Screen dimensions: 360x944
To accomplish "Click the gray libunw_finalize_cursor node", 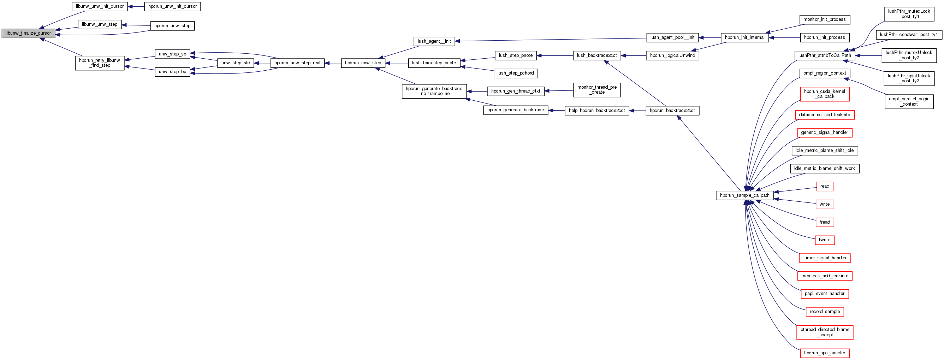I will [x=28, y=33].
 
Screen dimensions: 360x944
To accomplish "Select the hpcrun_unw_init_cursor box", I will [x=172, y=7].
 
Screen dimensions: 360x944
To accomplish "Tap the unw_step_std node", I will [x=236, y=63].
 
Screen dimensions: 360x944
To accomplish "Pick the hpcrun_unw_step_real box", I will [x=297, y=63].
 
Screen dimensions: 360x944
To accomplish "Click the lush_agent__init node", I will [x=434, y=41].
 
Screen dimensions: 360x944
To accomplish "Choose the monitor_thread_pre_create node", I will [x=596, y=90].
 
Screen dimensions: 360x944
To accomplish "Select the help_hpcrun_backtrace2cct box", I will [x=596, y=111].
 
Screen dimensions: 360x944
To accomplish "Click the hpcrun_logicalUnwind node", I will [x=672, y=56].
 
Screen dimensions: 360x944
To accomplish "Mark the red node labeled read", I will [x=825, y=187].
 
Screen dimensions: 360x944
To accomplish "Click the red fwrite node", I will [x=825, y=240].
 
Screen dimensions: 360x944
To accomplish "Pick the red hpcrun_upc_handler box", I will [x=825, y=353].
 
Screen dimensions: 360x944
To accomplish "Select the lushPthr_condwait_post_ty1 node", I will [x=908, y=35].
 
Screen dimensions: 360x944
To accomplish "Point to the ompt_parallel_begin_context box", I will [x=909, y=101].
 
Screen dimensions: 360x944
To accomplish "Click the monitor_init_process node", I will [x=824, y=20].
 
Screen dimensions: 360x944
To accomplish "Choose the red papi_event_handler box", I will [x=825, y=294].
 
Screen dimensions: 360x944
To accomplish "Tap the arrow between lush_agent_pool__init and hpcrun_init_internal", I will [x=710, y=38].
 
